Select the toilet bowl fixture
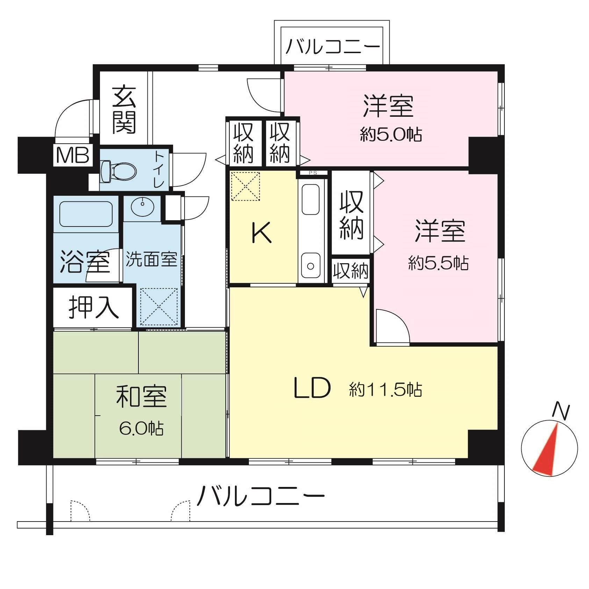pos(118,171)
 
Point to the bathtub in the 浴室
pos(86,213)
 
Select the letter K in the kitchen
pos(261,233)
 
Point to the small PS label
pos(313,173)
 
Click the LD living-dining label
pos(312,388)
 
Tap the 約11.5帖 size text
pos(385,389)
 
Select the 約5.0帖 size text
pos(391,135)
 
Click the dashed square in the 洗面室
pos(159,307)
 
